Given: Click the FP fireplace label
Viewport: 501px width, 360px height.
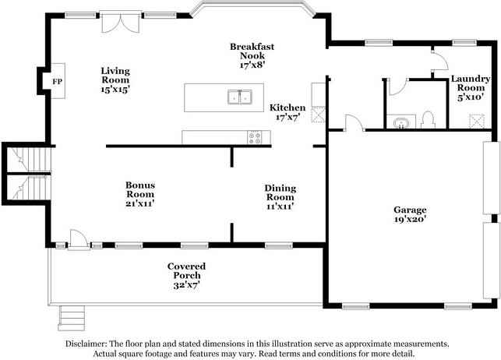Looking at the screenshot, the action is (57, 82).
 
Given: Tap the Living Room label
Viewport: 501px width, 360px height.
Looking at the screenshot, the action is (115, 79).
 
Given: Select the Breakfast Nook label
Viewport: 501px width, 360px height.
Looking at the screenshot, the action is (252, 55).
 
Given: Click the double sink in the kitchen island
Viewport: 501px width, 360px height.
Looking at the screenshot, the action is (240, 97).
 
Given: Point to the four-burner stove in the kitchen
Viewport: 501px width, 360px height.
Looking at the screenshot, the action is (255, 137).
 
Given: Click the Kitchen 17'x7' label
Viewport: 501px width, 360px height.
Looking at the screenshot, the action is (288, 112).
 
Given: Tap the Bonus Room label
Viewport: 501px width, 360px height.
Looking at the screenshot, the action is (140, 194).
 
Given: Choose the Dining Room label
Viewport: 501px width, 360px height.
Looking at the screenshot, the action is (280, 197).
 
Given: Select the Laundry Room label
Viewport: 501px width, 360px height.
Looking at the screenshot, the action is (471, 87).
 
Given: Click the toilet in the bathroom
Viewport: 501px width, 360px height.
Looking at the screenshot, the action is (428, 120).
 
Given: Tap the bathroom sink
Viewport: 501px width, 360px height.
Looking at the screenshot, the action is (401, 122).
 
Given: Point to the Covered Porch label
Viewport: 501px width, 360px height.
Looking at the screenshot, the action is (186, 275).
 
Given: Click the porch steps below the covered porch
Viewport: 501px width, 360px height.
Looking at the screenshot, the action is (72, 318).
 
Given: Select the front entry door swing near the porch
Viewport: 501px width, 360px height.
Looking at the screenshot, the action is (78, 238).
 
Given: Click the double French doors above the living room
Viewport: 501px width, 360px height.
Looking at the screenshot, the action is (121, 22).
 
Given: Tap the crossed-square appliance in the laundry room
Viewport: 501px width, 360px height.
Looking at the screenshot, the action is (477, 121).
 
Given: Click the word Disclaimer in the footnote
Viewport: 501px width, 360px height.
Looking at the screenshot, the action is (86, 344).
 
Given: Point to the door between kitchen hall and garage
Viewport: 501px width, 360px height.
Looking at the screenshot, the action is (354, 122).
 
